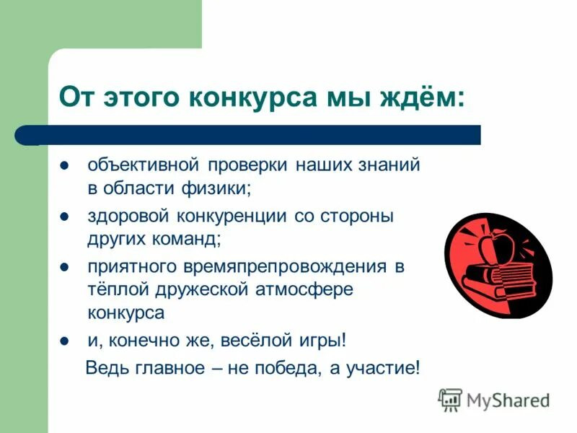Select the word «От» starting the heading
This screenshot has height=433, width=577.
(x=76, y=96)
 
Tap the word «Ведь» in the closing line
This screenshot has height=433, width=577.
(x=105, y=368)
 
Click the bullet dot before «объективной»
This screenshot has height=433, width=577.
(x=63, y=166)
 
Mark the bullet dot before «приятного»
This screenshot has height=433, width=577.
(x=63, y=267)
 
